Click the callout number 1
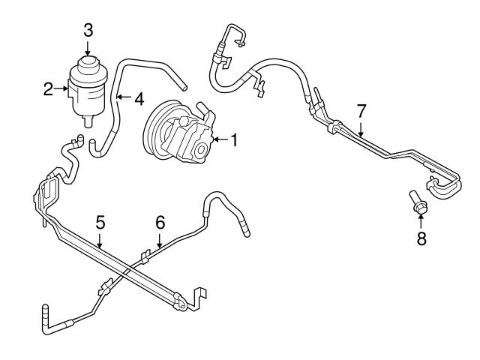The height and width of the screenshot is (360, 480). (234, 140)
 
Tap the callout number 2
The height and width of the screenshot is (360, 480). (48, 89)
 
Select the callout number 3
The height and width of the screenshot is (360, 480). (88, 31)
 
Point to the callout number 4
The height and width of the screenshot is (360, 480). (139, 99)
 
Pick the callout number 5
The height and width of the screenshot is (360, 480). (100, 222)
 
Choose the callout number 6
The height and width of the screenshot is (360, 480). (160, 222)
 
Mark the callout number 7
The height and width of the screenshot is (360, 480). (361, 111)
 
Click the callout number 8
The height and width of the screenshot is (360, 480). (421, 238)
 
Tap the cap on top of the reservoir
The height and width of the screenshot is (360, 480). (88, 63)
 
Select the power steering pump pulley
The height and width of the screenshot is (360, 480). (159, 128)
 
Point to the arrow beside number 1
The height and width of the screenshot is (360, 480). (221, 139)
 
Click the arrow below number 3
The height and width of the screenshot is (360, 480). (88, 48)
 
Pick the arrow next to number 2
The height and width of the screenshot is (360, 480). (61, 88)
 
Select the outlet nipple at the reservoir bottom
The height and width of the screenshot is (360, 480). (88, 121)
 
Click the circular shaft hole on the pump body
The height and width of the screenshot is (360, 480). (202, 150)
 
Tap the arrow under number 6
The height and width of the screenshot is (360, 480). (159, 240)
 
